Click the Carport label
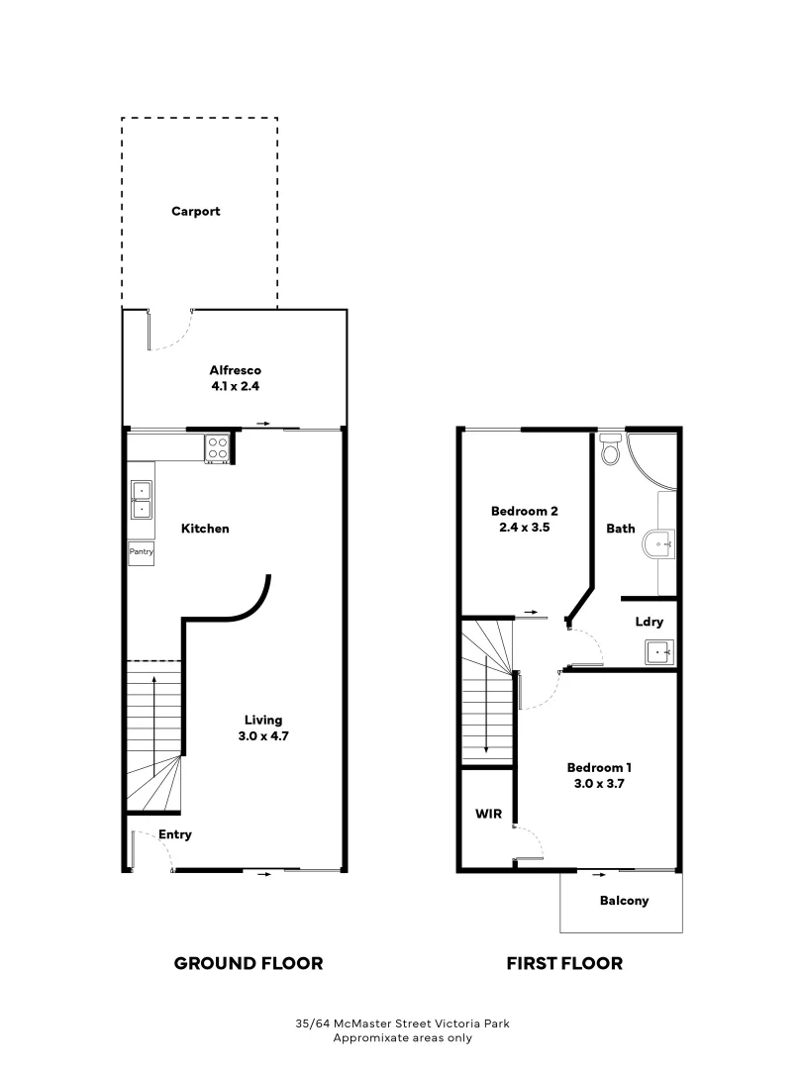coord(195,212)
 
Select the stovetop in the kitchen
coord(217,448)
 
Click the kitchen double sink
coord(141,500)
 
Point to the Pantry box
coord(141,552)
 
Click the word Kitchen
coord(204,529)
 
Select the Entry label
coord(175,834)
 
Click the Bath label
coord(621,529)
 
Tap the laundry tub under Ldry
coord(660,652)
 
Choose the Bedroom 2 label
coord(525,512)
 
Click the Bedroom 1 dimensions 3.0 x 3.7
coord(599,783)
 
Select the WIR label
coord(489,815)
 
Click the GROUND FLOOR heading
coord(249,963)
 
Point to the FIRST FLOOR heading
coord(564,963)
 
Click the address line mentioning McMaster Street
coord(402,1024)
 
